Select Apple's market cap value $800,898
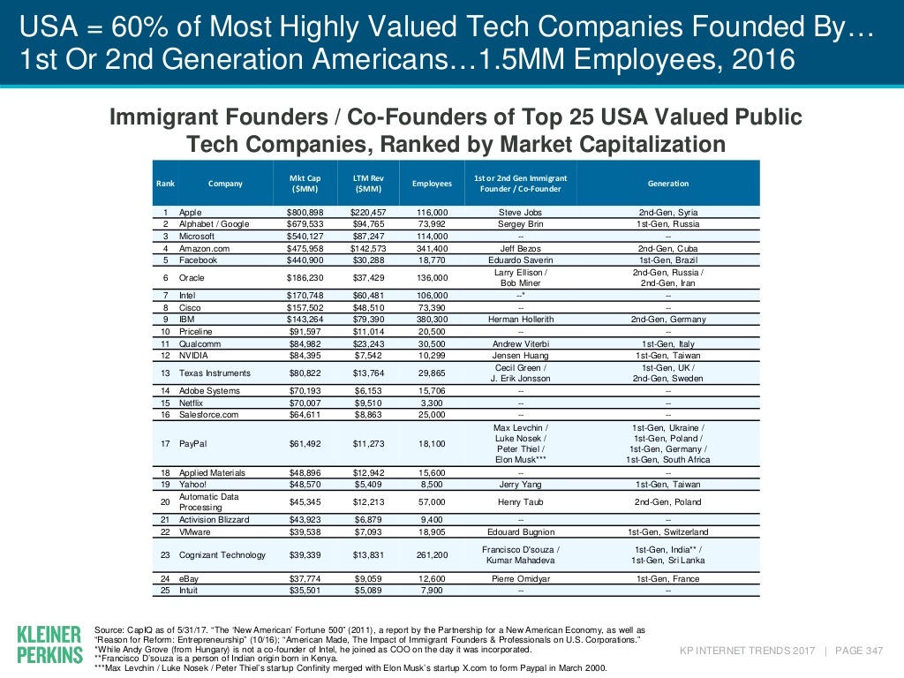click(x=305, y=214)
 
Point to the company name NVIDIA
click(x=196, y=355)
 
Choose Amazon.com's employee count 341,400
click(x=431, y=249)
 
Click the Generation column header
click(x=668, y=184)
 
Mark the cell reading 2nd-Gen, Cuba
click(x=668, y=249)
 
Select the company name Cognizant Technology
click(x=222, y=555)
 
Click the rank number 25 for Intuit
click(x=165, y=591)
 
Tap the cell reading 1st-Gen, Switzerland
click(x=668, y=531)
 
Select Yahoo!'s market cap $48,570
click(x=305, y=485)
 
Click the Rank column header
click(x=165, y=184)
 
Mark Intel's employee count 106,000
click(x=431, y=296)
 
